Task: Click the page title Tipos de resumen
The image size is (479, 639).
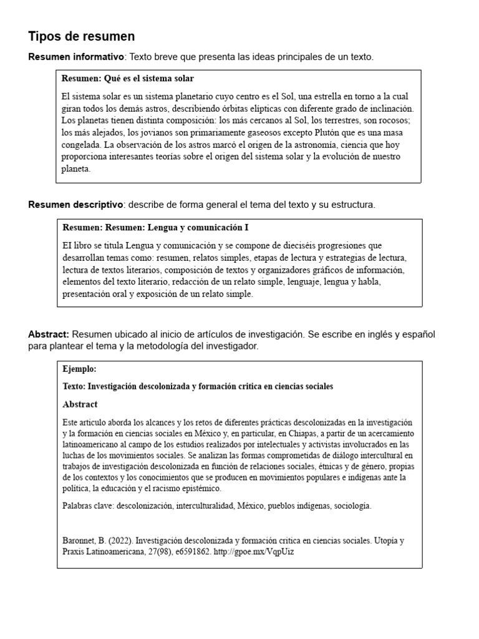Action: [81, 36]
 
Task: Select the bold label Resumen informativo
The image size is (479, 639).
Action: [75, 57]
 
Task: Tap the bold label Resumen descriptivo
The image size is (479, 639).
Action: [75, 205]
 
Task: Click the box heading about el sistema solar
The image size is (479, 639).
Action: [128, 79]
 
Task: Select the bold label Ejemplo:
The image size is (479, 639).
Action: [79, 369]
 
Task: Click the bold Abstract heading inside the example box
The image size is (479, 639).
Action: [80, 404]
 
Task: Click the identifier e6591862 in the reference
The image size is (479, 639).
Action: [192, 552]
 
